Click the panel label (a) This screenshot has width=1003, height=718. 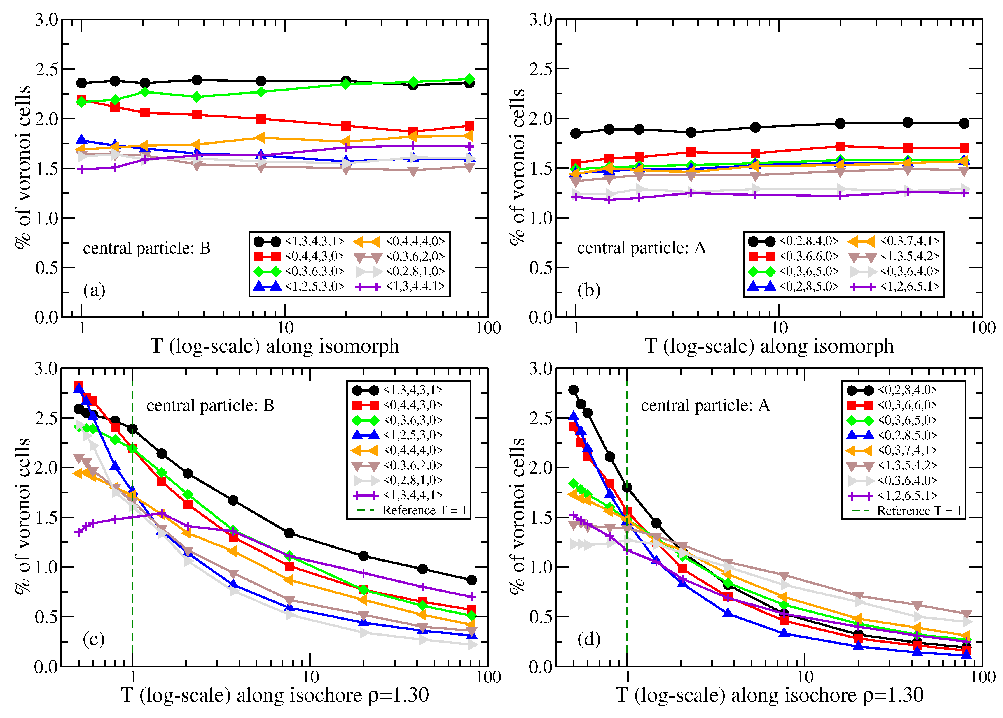pyautogui.click(x=94, y=290)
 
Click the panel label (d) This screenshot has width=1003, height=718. pyautogui.click(x=589, y=639)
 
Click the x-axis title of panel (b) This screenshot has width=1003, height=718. pyautogui.click(x=769, y=346)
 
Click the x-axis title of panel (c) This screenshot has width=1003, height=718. pyautogui.click(x=275, y=695)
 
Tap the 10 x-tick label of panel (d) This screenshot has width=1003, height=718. pyautogui.click(x=804, y=676)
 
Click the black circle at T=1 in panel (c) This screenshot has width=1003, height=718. pyautogui.click(x=132, y=429)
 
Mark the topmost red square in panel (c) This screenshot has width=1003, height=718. pyautogui.click(x=79, y=385)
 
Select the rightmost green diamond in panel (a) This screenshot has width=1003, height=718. pyautogui.click(x=470, y=80)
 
